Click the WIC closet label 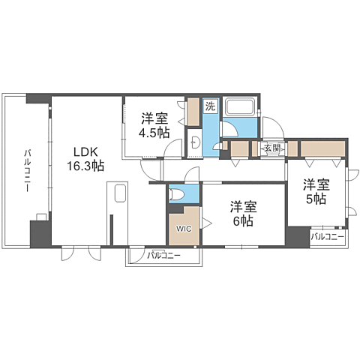coord(184,227)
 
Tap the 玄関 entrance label coord(271,148)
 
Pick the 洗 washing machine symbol coord(211,106)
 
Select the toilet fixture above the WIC coord(178,194)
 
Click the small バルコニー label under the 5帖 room coord(327,237)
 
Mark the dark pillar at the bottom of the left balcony coord(37,233)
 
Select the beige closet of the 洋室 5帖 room coord(322,148)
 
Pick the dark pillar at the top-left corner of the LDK coord(37,98)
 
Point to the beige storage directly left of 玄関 coord(240,148)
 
